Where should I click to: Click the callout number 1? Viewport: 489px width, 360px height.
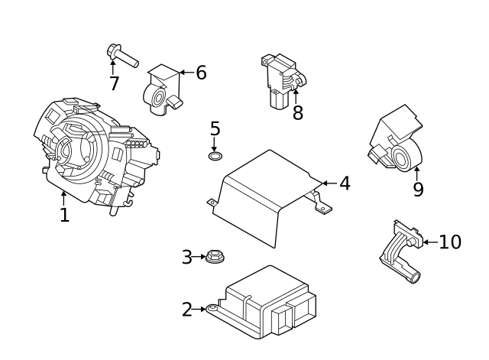coord(64,216)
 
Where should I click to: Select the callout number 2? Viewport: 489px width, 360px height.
coord(187,310)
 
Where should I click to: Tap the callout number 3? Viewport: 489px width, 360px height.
coord(187,258)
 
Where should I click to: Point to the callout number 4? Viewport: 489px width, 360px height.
coord(345,183)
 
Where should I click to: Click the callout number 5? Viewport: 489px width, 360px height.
coord(215,129)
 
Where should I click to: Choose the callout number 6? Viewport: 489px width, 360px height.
coord(201,73)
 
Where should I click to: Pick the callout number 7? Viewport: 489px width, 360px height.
coord(114,83)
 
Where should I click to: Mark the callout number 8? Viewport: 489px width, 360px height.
coord(297,113)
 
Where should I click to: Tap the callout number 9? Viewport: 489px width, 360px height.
coord(418,190)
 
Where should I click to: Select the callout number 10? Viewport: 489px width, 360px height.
coord(450,242)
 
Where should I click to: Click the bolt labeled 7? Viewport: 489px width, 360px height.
coord(121,56)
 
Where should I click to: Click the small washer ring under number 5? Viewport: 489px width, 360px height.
coord(215,157)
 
